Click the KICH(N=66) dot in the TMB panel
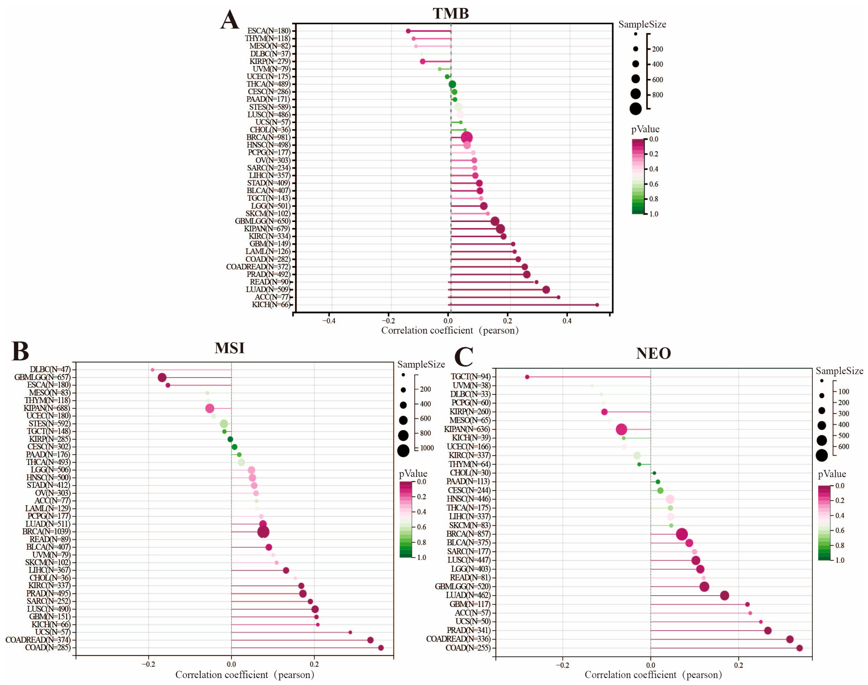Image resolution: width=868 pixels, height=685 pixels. click(597, 305)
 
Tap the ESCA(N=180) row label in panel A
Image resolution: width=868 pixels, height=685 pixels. click(268, 31)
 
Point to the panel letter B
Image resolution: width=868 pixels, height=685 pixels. click(20, 351)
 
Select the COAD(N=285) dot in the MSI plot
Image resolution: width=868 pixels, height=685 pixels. click(381, 648)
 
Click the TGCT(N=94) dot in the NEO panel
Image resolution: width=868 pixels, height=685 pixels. click(527, 377)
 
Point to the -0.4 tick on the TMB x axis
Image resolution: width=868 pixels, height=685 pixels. click(329, 321)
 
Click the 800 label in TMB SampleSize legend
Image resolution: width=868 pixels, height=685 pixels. click(657, 95)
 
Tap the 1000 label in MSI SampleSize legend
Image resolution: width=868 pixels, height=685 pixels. click(427, 448)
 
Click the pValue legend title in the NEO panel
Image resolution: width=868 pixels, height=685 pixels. click(832, 474)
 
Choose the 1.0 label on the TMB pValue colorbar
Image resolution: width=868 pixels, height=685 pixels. click(653, 214)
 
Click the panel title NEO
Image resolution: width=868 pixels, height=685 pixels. click(653, 353)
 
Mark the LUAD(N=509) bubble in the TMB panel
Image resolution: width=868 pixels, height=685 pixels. click(546, 290)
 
